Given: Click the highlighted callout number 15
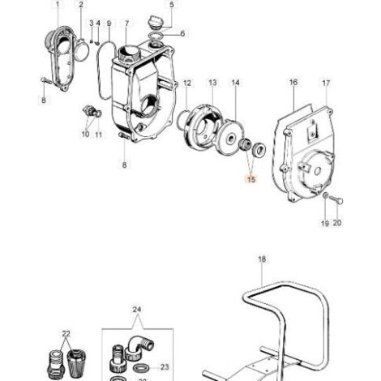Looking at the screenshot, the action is (251, 179).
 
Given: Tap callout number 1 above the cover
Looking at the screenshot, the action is (57, 4).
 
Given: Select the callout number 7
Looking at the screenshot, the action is (127, 24).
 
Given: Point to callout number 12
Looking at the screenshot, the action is (187, 83).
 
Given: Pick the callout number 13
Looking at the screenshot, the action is (212, 83).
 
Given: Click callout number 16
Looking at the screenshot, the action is (293, 82).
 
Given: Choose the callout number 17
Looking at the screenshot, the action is (326, 83).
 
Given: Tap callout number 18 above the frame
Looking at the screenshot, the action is (262, 259).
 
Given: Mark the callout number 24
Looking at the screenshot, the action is (137, 310).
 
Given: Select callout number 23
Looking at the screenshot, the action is (165, 367).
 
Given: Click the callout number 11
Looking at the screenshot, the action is (99, 135).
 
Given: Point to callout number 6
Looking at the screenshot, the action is (182, 33).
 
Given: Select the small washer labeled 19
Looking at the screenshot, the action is (326, 195).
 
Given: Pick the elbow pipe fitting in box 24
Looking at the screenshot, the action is (139, 347).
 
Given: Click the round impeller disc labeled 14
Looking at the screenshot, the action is (231, 138).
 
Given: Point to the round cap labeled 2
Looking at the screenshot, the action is (81, 51).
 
